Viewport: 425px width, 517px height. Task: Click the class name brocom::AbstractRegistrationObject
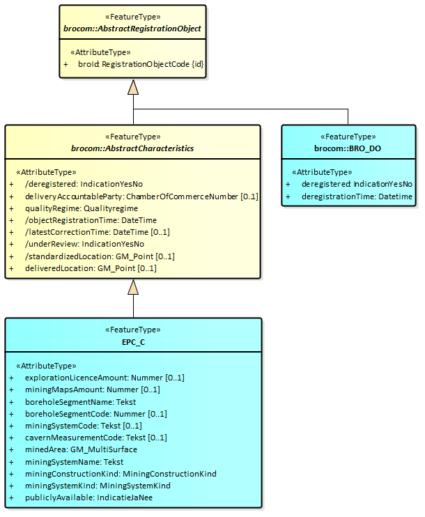(x=132, y=29)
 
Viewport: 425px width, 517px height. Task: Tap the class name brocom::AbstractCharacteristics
(x=132, y=148)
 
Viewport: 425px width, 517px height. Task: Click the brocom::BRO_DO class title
(x=348, y=148)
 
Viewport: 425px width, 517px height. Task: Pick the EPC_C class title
(x=133, y=341)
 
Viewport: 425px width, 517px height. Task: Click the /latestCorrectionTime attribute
(x=98, y=232)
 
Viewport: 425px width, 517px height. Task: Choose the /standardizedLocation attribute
(x=100, y=256)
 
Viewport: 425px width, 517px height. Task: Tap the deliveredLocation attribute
(x=91, y=268)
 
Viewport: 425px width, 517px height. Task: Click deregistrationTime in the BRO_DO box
(x=357, y=196)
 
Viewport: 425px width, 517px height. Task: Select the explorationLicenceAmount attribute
(x=105, y=378)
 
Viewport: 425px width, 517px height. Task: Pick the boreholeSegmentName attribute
(x=80, y=402)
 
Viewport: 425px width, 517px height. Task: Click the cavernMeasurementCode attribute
(x=96, y=438)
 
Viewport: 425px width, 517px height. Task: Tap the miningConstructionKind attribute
(x=121, y=474)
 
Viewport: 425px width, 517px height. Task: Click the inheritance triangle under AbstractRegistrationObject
(x=133, y=87)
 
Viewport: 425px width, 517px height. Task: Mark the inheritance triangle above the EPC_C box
(x=133, y=288)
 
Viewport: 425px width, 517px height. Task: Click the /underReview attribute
(x=84, y=244)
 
